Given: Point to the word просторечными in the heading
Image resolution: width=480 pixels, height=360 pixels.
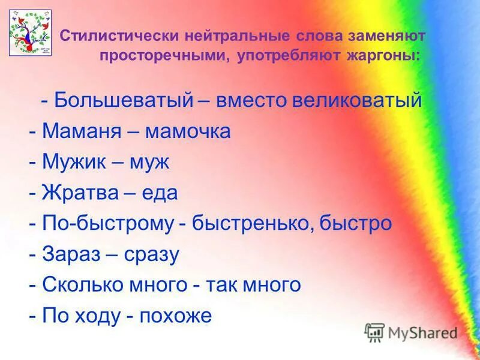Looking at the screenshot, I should click(164, 56).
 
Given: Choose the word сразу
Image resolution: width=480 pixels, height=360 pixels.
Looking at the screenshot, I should click(151, 255).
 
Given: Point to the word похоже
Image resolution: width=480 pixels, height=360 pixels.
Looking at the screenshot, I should click(175, 316).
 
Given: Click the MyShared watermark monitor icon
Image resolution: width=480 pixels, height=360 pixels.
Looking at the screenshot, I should click(375, 332).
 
